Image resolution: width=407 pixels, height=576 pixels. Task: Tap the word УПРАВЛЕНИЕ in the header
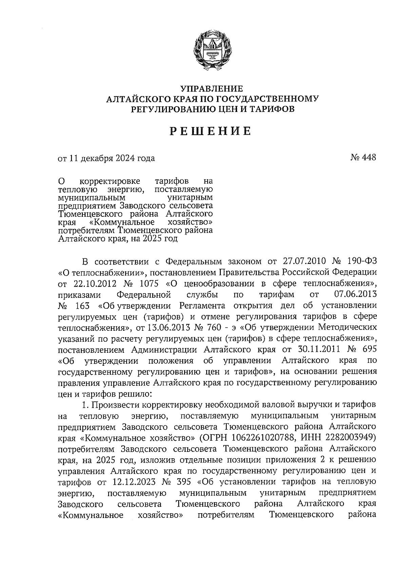pyautogui.click(x=212, y=89)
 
